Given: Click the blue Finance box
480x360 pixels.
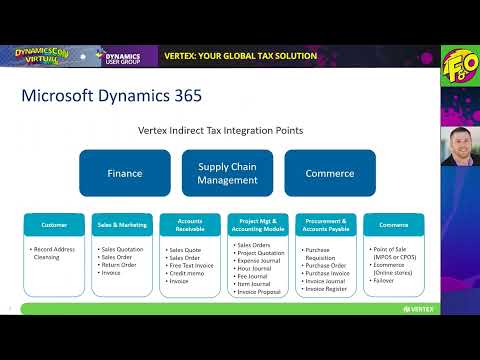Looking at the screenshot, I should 125,173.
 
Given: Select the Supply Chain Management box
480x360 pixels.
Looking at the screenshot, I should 227,173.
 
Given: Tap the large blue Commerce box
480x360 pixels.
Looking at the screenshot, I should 330,173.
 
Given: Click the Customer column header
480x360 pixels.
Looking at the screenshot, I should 54,225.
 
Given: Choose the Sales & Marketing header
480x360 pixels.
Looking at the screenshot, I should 121,225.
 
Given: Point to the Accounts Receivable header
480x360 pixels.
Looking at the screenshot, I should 189,225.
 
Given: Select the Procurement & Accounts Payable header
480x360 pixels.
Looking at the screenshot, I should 324,225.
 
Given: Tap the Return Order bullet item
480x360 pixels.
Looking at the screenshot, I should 121,264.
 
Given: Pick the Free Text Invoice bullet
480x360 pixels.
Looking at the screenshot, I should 192,264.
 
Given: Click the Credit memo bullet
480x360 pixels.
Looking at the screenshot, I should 188,272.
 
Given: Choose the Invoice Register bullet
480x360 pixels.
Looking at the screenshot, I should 325,287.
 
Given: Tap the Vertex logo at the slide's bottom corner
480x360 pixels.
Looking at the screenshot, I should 419,308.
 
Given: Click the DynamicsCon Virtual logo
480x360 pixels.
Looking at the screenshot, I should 35,56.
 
